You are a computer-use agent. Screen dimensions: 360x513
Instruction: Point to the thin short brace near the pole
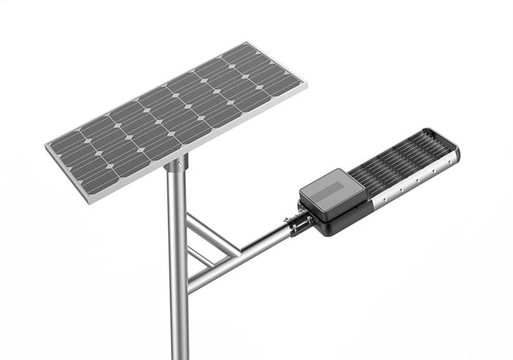click(200, 256)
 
